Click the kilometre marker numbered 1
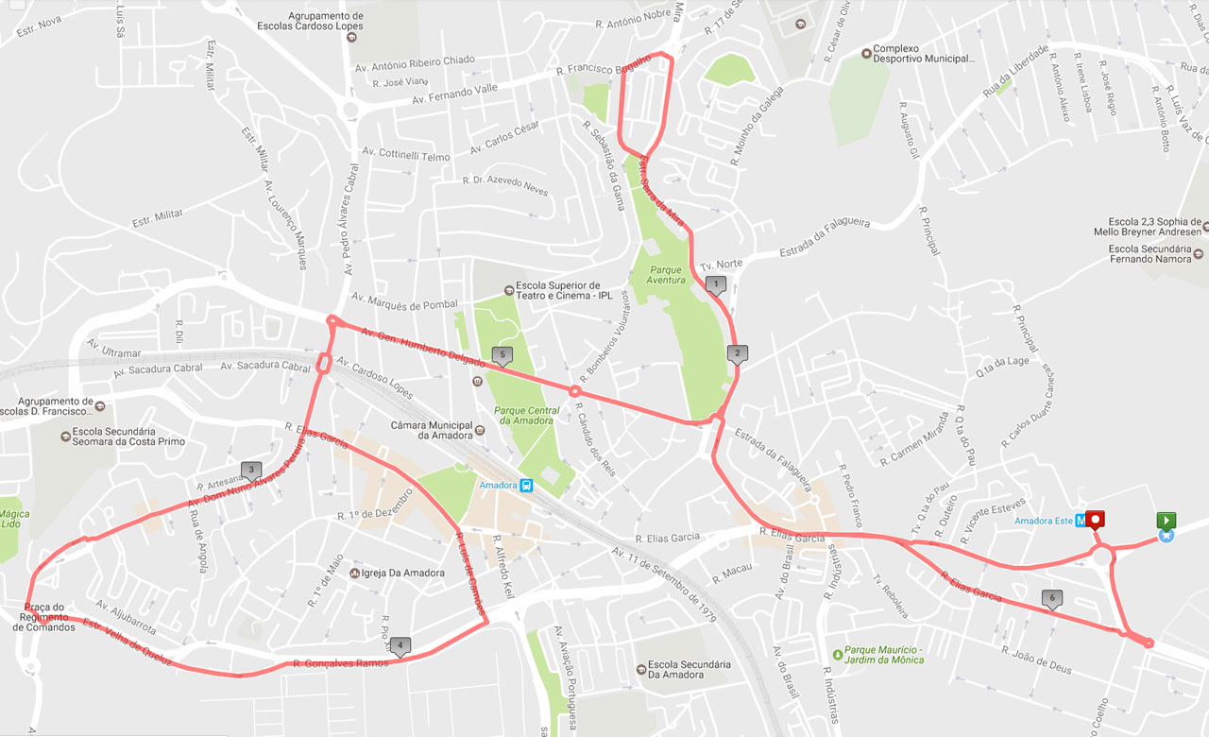point(716,283)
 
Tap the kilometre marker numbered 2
point(737,354)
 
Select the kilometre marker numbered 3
point(250,470)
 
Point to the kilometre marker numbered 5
point(502,356)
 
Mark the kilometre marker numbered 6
point(1051,598)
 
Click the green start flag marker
point(1166,521)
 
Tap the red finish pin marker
point(1096,519)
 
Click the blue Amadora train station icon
point(526,486)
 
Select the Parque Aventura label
point(666,275)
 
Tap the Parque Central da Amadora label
point(526,415)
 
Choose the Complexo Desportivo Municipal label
point(922,54)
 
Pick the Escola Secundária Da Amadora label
point(682,669)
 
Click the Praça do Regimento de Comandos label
point(44,617)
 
